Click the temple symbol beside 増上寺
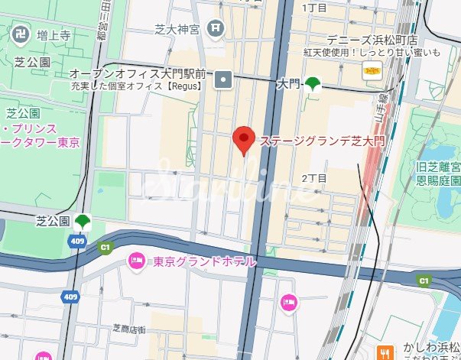[21, 34]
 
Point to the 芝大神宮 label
[177, 30]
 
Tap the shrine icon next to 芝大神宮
[217, 28]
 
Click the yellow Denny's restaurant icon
[372, 73]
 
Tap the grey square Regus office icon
[223, 77]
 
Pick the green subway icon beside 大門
[313, 84]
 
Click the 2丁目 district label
[314, 177]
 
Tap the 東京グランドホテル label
[204, 261]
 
